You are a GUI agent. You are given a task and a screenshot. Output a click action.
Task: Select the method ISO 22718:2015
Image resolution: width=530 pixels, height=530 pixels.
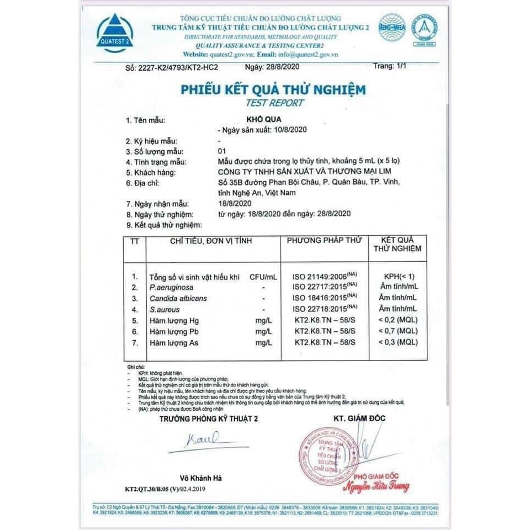click(321, 309)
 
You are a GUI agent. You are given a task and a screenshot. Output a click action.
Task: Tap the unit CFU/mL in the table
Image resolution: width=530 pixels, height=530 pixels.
click(263, 276)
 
